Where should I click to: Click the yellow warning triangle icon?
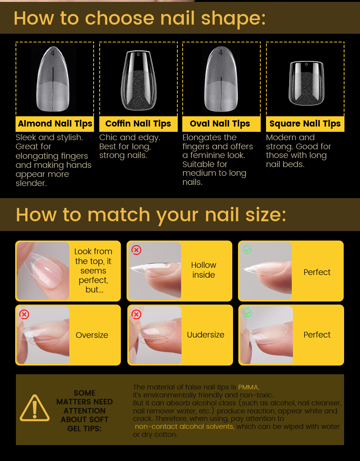(34, 408)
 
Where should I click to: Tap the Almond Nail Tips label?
(55, 123)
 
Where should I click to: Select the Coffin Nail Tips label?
(138, 123)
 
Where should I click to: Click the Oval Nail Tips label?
(220, 123)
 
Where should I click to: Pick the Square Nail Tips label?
(305, 123)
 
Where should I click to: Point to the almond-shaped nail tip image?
(53, 79)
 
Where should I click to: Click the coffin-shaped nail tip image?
(139, 80)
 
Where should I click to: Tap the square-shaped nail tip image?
(306, 83)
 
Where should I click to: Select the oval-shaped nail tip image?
(221, 79)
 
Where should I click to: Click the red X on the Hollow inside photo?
(136, 250)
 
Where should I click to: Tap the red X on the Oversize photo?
(24, 314)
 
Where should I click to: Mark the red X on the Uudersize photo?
(136, 314)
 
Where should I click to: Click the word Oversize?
(92, 335)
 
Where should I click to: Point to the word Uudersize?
(205, 335)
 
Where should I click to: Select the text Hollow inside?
(203, 270)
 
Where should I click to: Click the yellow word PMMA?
(249, 387)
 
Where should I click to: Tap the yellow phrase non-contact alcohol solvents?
(185, 427)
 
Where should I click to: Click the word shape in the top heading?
(233, 19)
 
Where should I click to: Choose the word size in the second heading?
(266, 215)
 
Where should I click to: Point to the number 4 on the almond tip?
(53, 53)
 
